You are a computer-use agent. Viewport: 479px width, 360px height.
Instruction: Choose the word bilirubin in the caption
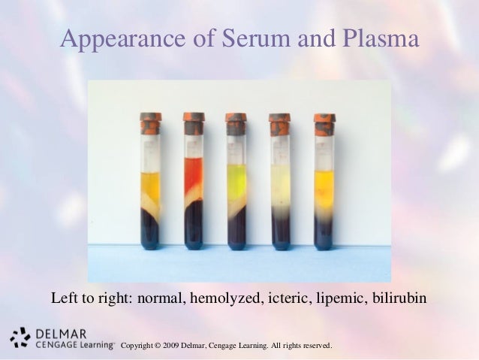tap(399, 298)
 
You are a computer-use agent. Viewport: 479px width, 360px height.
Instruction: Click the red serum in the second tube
tap(194, 173)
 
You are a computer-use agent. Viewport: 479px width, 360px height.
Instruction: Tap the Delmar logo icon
tap(20, 338)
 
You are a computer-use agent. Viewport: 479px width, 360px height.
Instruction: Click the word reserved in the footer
tap(314, 346)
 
